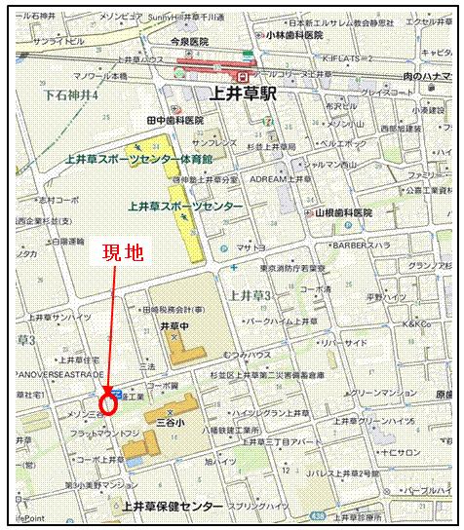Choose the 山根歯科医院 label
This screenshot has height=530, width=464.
point(343,211)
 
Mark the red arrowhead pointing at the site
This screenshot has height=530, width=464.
point(107,386)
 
